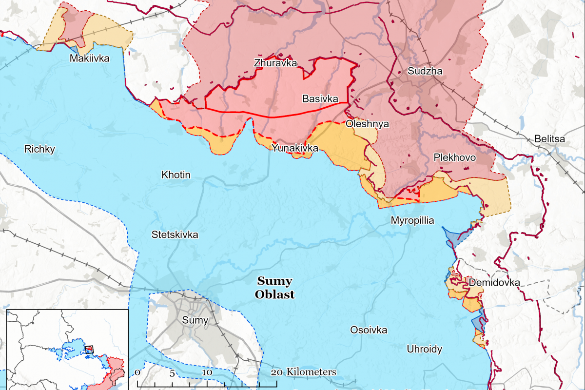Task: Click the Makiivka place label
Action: tap(89, 58)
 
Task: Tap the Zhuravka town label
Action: tap(275, 63)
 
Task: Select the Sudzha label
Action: tap(425, 71)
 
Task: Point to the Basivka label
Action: tap(320, 99)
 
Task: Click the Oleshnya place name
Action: tap(367, 124)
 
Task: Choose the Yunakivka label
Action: tap(295, 148)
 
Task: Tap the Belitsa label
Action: tap(549, 139)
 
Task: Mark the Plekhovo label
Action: tap(454, 158)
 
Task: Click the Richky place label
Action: tap(40, 149)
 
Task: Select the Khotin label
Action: tap(176, 175)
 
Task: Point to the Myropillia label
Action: tap(412, 220)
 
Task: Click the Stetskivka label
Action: tap(175, 234)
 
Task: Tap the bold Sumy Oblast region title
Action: tap(275, 288)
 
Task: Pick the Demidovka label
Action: tap(494, 283)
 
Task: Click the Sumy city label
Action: tap(195, 320)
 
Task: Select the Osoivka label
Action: tap(369, 330)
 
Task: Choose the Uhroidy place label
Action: tap(425, 349)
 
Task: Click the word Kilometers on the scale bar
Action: tap(312, 372)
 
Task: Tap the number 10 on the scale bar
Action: tap(207, 372)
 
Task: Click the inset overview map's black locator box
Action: tap(89, 349)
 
